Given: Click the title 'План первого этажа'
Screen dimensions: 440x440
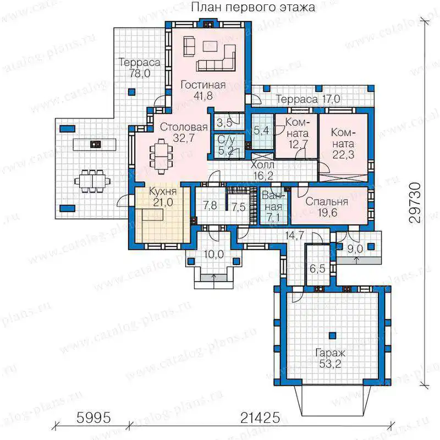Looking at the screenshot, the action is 253,7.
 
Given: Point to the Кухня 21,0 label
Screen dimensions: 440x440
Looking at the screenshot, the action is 163,197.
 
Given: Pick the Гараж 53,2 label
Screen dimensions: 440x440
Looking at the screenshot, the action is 330,359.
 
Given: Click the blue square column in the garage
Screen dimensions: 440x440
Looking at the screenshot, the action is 333,335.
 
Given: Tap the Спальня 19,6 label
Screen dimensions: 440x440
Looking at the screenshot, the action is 327,207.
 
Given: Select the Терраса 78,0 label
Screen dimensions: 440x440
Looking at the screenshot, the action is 140,68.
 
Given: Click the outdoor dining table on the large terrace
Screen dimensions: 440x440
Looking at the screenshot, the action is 92,181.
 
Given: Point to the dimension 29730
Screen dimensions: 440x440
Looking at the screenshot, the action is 415,202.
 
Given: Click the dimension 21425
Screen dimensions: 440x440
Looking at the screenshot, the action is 260,418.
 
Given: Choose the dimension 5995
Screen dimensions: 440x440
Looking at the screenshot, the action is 94,418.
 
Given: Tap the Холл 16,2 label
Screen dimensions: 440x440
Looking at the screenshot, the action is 263,170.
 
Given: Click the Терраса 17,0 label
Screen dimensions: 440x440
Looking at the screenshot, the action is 308,99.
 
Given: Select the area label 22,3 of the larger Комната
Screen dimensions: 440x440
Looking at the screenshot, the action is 343,155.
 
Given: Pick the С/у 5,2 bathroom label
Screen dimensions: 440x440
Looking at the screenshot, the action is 227,145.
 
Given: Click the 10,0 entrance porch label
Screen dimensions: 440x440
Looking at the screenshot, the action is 214,255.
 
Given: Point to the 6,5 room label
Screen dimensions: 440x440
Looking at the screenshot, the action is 317,269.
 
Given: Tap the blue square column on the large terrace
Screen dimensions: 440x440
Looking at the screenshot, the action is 131,92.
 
